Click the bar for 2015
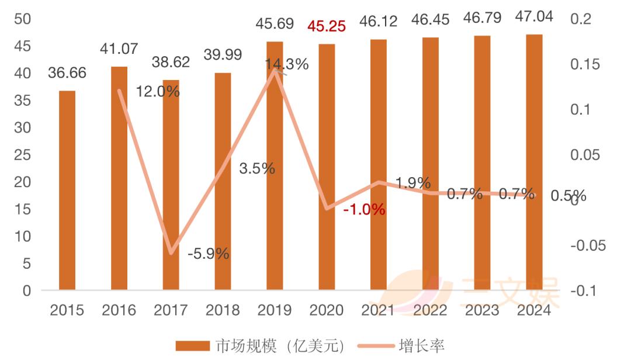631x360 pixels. tap(67, 190)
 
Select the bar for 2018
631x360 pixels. tap(223, 181)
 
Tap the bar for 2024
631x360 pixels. tap(535, 162)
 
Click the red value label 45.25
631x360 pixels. tap(327, 26)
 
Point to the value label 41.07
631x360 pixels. tap(119, 49)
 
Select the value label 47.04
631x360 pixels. tap(535, 16)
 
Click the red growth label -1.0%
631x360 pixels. tap(364, 209)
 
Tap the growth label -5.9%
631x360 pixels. tap(209, 254)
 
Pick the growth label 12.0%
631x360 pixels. tap(158, 92)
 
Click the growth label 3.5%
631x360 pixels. tap(257, 168)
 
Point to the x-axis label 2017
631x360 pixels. tap(171, 310)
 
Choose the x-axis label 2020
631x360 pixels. tap(327, 310)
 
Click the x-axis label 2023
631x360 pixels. tap(482, 310)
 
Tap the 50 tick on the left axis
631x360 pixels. tap(23, 19)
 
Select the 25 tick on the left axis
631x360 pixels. tap(23, 155)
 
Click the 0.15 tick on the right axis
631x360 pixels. tap(585, 64)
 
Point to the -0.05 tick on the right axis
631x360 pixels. tap(588, 245)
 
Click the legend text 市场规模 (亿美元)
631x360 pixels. tap(280, 346)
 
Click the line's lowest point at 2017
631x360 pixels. tap(171, 252)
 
